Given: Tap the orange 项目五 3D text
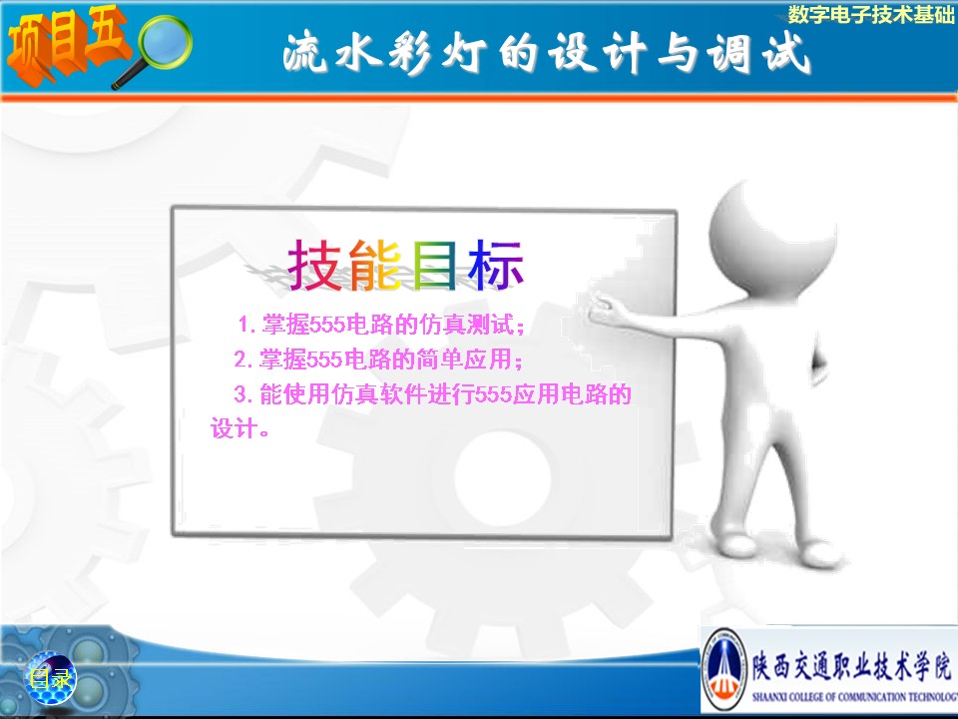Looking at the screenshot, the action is click(x=67, y=44).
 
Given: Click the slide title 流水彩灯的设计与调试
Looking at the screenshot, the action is click(x=547, y=54).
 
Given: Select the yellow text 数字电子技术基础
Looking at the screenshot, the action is click(x=871, y=14).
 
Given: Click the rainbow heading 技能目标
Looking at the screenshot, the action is click(x=406, y=265).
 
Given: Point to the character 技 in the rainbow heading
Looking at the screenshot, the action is click(x=314, y=265).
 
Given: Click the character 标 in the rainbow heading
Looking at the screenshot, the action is click(x=496, y=265).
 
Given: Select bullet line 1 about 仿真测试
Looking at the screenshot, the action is click(x=381, y=325).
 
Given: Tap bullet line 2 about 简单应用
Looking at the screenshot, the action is click(x=378, y=359).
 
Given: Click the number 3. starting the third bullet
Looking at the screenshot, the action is click(x=243, y=394).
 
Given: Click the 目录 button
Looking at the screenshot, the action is click(x=50, y=678).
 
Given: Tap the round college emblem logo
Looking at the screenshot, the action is click(x=725, y=669).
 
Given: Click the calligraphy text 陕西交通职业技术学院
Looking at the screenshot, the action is click(x=851, y=665).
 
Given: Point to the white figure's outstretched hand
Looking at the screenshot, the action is click(x=605, y=309).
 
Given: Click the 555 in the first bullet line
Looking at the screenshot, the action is click(x=327, y=325).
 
